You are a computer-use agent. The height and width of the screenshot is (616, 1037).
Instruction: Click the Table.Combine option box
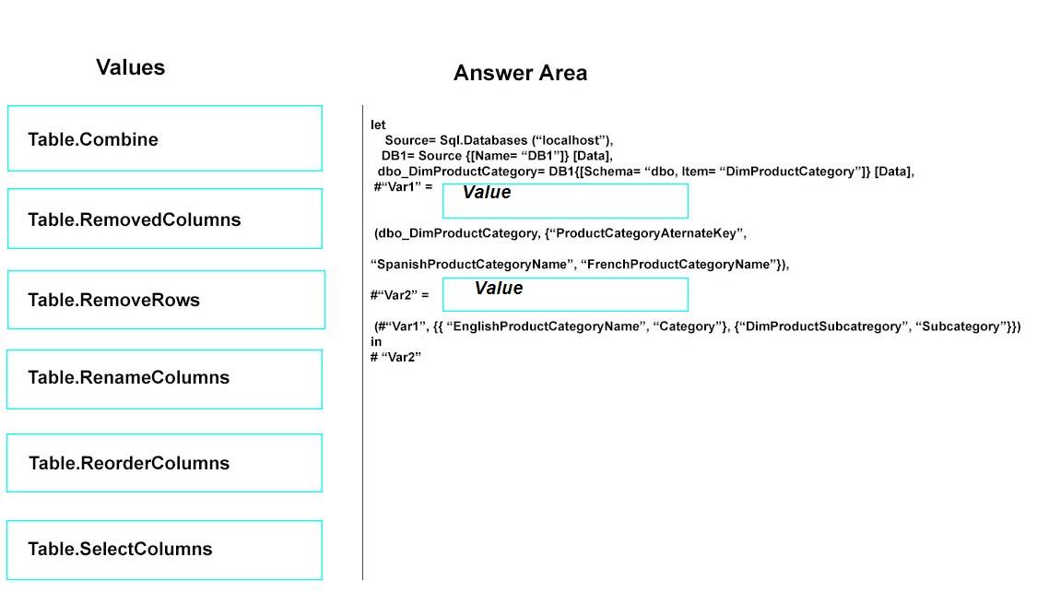pos(165,138)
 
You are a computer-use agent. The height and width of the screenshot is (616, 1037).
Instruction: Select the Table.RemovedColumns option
pos(165,219)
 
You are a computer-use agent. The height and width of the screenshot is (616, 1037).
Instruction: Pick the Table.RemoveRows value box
pos(166,300)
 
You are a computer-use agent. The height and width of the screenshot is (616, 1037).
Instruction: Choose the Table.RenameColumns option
pos(164,379)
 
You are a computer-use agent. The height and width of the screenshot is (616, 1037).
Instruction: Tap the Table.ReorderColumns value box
pos(164,463)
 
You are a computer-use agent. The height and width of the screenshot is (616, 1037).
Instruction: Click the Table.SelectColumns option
pos(164,550)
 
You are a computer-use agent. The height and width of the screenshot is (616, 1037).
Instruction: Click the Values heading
pos(130,66)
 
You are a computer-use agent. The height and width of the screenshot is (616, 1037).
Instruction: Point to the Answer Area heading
pos(520,73)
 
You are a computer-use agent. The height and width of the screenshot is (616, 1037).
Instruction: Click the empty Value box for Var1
pos(565,201)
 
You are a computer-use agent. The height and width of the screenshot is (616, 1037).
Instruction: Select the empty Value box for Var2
pos(565,294)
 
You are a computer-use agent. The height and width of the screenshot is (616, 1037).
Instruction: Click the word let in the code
pos(378,124)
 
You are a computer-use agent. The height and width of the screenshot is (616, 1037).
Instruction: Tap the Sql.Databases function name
pos(483,140)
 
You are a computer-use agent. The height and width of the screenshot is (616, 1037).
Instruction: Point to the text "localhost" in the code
pos(571,140)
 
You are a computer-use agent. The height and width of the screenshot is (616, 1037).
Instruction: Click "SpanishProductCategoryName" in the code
pos(472,264)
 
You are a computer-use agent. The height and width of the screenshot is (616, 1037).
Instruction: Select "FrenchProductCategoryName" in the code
pos(678,264)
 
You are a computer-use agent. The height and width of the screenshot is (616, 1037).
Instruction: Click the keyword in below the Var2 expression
pos(376,341)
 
